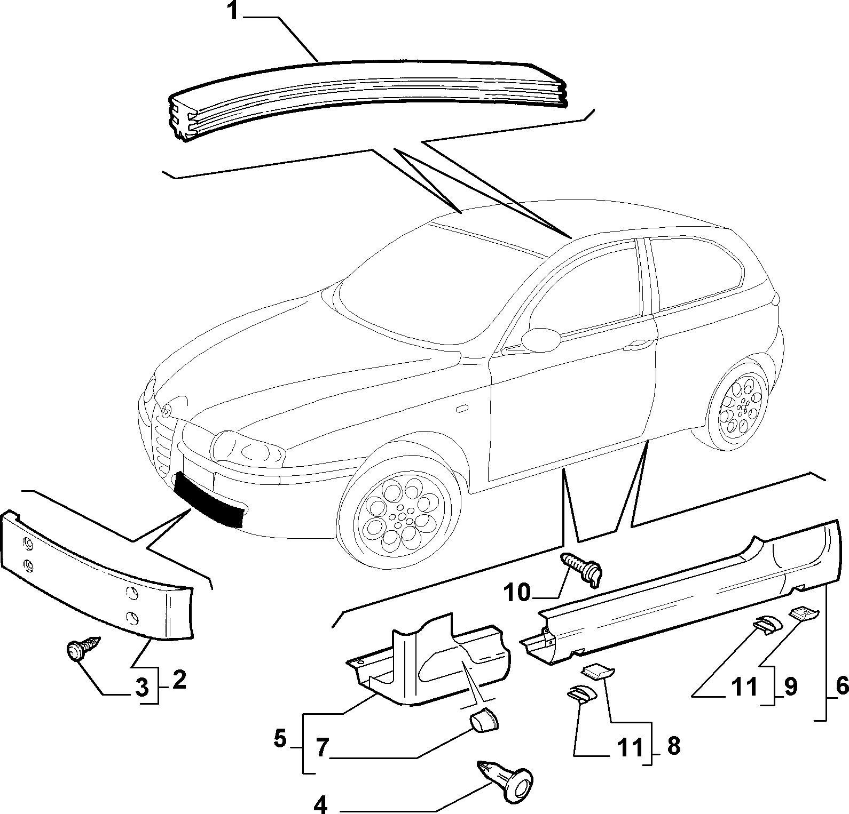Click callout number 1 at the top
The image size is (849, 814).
click(233, 12)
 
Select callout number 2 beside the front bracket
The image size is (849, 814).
click(179, 681)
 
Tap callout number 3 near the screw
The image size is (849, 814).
click(142, 689)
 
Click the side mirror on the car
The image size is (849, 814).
click(540, 340)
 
